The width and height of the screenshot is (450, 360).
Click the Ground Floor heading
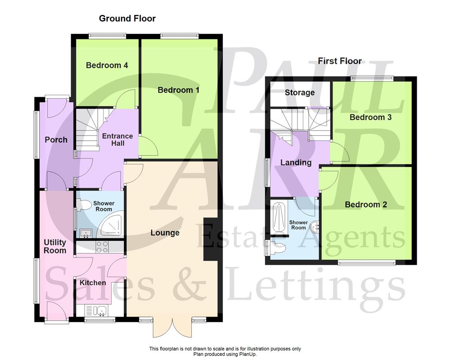pyautogui.click(x=127, y=18)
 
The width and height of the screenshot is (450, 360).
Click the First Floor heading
pyautogui.click(x=340, y=61)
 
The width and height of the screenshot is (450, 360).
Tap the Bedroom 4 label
pyautogui.click(x=107, y=65)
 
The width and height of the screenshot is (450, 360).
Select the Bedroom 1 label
pyautogui.click(x=179, y=90)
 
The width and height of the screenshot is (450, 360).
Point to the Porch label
pyautogui.click(x=56, y=139)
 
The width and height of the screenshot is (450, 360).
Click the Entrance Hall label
pyautogui.click(x=117, y=139)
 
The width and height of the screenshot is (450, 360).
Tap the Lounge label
pyautogui.click(x=165, y=233)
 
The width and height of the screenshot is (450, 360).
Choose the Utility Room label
pyautogui.click(x=55, y=247)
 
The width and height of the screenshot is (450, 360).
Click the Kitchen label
pyautogui.click(x=93, y=283)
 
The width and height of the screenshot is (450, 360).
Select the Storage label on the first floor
pyautogui.click(x=300, y=93)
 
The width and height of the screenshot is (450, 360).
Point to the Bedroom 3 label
pyautogui.click(x=370, y=117)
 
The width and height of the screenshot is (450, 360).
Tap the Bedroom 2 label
pyautogui.click(x=366, y=204)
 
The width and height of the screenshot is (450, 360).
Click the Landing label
pyautogui.click(x=296, y=162)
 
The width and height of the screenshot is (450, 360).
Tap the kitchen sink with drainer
pyautogui.click(x=96, y=310)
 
